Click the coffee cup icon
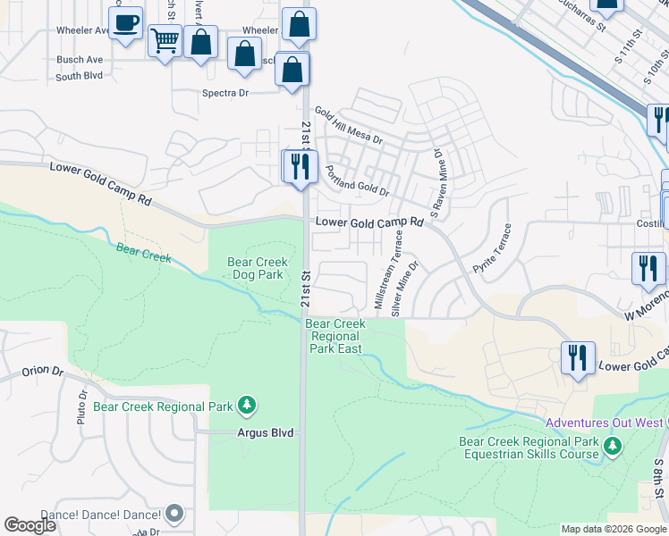pos(126,22)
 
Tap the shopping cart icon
pos(165,41)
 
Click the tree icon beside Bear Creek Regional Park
pos(246,406)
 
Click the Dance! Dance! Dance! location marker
pos(174,514)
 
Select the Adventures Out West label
pos(605,423)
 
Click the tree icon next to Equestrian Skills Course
pos(613,445)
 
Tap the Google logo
pos(30,525)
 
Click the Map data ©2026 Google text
pos(614,529)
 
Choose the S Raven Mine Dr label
pos(438,180)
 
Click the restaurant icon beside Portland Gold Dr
pos(300,166)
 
